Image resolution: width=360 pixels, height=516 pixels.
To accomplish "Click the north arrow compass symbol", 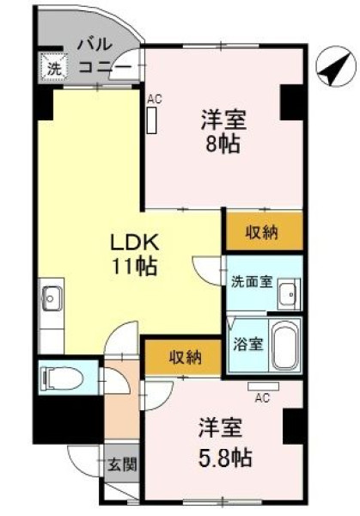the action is [336, 67].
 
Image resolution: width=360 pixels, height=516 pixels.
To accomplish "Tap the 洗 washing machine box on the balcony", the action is [54, 68].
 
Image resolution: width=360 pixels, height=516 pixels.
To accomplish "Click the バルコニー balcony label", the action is [103, 55].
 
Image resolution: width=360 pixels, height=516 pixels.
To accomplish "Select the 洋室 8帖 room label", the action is [223, 132].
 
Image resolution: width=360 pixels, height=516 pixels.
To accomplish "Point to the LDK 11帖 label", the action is [135, 254].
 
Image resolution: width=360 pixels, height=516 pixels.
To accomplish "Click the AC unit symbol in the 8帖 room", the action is [151, 120].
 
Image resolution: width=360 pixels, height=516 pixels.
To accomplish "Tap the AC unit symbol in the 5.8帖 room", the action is [264, 386].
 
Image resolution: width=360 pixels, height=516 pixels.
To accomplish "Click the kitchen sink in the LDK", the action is [51, 298].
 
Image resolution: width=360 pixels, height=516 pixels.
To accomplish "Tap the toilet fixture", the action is [62, 378].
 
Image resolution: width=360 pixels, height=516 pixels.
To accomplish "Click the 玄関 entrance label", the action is [122, 465].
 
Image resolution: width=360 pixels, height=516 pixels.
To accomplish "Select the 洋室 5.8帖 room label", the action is [225, 442].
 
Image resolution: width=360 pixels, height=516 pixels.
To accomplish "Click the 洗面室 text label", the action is [252, 282].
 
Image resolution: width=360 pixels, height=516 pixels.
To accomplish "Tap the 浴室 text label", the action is [248, 344].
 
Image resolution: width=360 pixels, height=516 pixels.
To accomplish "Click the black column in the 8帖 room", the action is [291, 102].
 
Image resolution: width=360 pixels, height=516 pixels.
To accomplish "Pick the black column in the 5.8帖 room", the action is [293, 427].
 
